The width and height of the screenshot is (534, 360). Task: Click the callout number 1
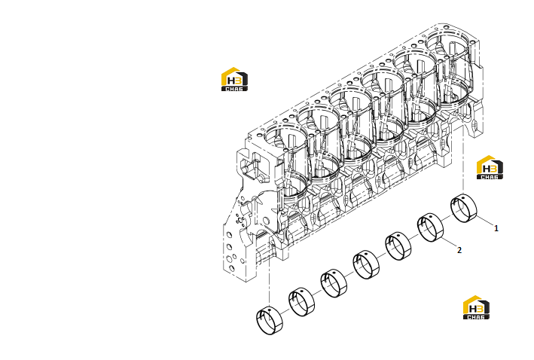pos(496,228)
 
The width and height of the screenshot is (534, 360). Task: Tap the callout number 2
pos(459,250)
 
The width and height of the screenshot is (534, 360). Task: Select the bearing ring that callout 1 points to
pos(463,208)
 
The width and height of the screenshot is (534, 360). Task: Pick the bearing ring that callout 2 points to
pos(431,227)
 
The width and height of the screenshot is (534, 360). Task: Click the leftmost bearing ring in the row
pos(270,320)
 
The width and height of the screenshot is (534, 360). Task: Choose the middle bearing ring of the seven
pos(366,264)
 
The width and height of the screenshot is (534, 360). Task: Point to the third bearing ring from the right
pos(398,246)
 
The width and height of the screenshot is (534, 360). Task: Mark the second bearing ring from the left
pos(302,302)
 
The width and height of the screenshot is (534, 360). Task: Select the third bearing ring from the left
pos(334,283)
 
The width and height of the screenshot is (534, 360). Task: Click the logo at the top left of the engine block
pos(234,79)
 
